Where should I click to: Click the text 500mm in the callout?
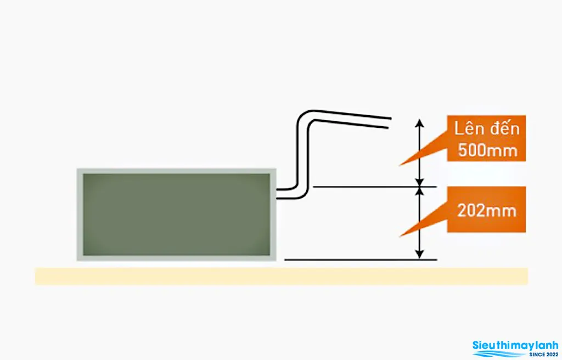[x=487, y=150]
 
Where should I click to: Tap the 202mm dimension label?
[x=487, y=211]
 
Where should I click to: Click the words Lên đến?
[x=487, y=129]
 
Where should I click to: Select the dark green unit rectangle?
[x=176, y=215]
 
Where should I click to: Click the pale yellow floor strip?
[x=282, y=276]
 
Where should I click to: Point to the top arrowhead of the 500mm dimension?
[x=419, y=123]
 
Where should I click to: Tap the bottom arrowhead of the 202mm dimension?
[x=419, y=254]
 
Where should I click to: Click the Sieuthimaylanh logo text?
[x=515, y=346]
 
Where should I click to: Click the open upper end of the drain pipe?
[x=390, y=122]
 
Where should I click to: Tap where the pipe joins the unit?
[x=278, y=194]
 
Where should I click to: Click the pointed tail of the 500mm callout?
[x=400, y=165]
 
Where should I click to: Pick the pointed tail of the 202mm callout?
[x=400, y=237]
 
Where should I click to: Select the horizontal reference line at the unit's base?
[x=361, y=260]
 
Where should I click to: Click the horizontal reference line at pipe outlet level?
[x=375, y=187]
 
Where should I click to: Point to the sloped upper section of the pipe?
[x=352, y=119]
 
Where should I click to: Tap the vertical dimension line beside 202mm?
[x=419, y=223]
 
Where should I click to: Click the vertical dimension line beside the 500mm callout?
[x=419, y=153]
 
